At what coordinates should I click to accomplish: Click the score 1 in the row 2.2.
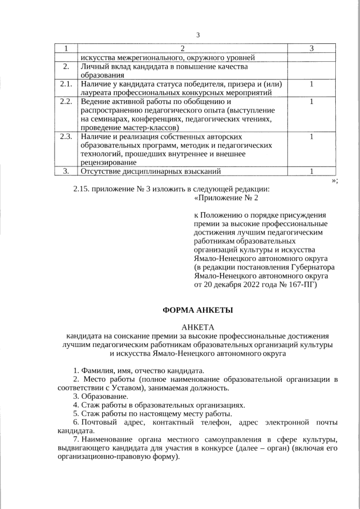tap(311, 102)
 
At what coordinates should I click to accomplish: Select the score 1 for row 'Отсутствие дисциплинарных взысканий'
tap(311, 171)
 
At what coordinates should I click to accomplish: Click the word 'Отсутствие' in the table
tap(101, 171)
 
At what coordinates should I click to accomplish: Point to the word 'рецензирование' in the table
tap(107, 162)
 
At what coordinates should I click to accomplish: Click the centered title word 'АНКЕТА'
tap(197, 328)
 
